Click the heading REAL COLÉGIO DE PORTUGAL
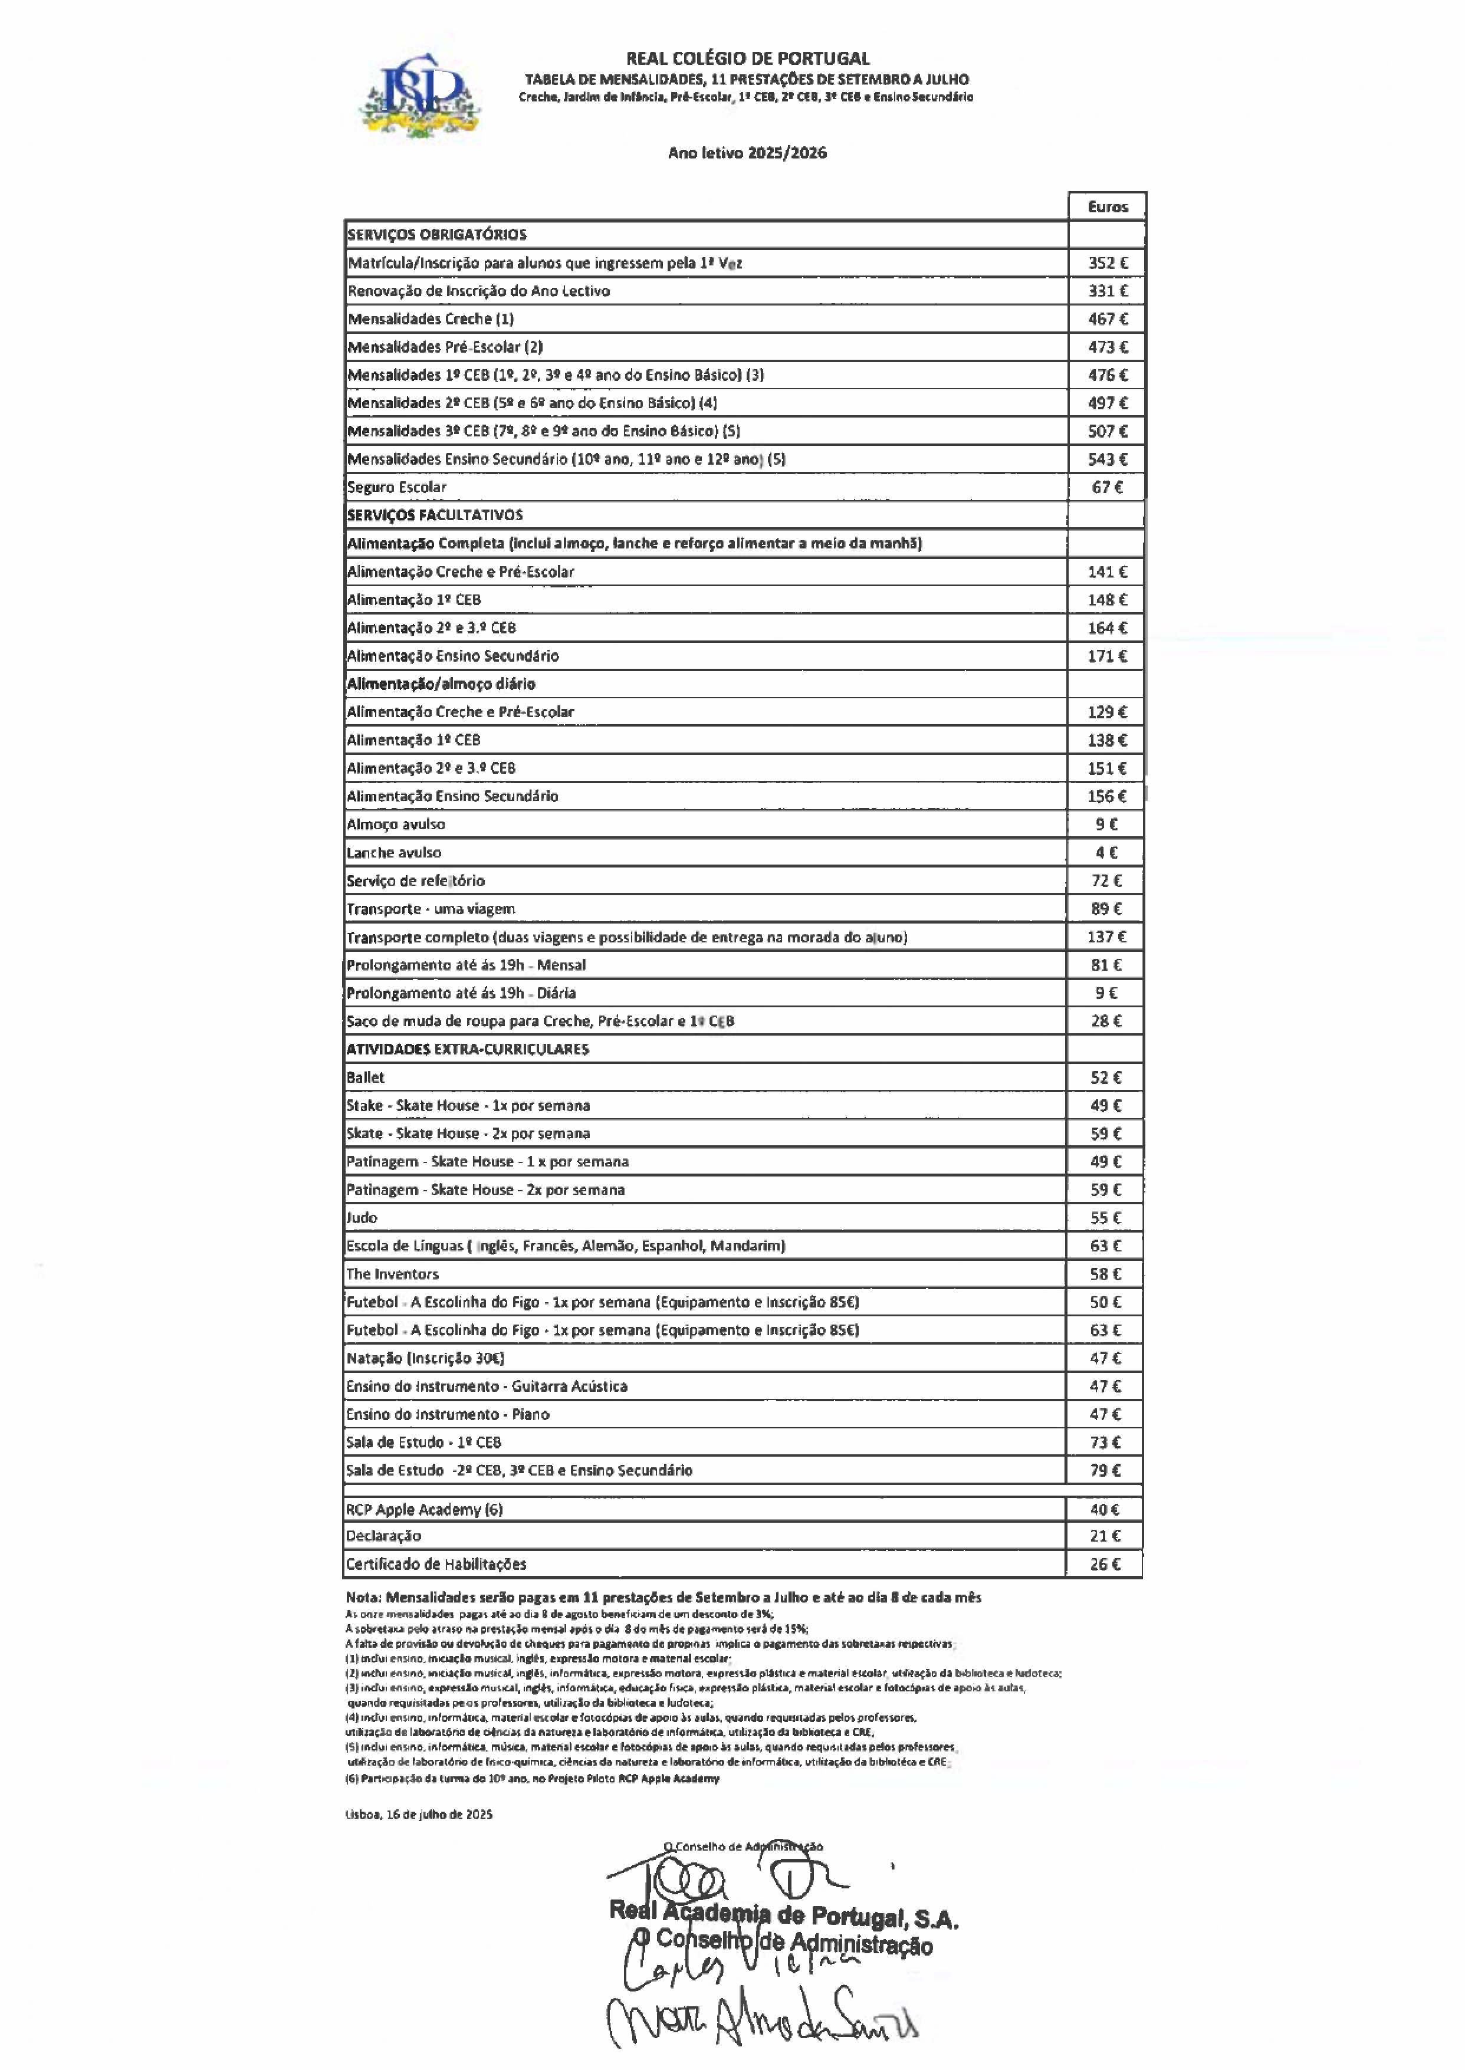[748, 58]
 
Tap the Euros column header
[1107, 206]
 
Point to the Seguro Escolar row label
[397, 487]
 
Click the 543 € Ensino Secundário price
[1107, 459]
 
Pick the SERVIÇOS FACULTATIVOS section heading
[435, 515]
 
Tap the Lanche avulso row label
[394, 852]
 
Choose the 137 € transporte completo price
[1106, 937]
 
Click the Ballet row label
[365, 1077]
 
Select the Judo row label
[362, 1218]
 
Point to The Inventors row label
[392, 1274]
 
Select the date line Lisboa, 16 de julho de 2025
[419, 1814]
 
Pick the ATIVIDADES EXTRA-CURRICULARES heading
[467, 1049]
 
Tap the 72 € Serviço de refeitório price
[1106, 880]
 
